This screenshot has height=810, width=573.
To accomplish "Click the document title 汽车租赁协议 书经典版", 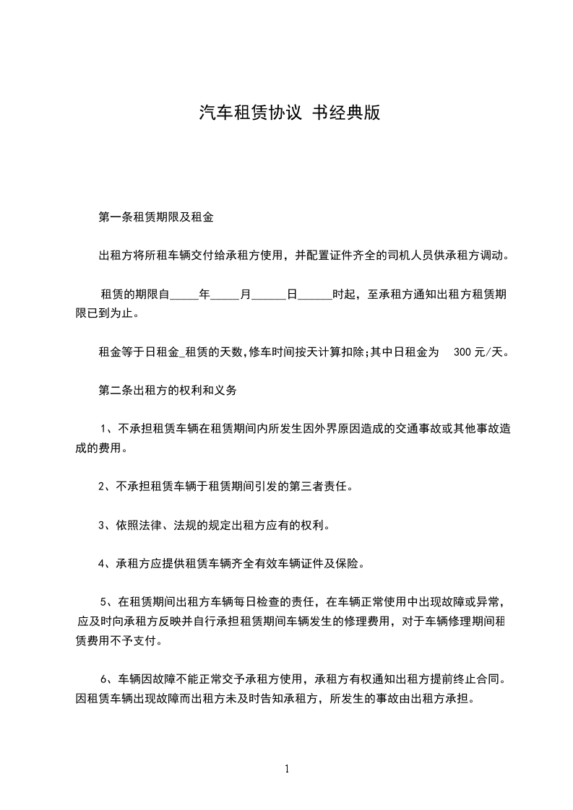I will click(289, 113).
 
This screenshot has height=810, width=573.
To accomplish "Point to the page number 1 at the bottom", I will click(287, 769).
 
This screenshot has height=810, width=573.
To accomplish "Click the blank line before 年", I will click(184, 295).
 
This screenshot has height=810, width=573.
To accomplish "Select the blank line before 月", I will click(225, 295).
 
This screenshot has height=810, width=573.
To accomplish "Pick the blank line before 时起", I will click(315, 295).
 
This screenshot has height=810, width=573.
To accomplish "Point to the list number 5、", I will click(108, 601).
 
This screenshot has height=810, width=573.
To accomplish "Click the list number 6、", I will click(108, 679).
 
